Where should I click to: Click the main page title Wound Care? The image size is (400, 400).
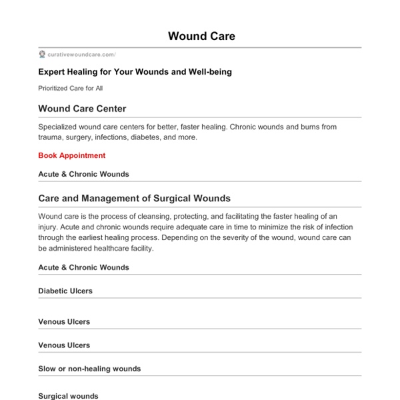(x=201, y=36)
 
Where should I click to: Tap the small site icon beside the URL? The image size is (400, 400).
(x=42, y=55)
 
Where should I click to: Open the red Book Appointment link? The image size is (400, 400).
(x=71, y=155)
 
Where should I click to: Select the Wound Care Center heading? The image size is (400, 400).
(x=82, y=108)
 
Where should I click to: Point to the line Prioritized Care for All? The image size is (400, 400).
(x=70, y=88)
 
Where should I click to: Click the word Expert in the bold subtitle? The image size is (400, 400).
(x=52, y=72)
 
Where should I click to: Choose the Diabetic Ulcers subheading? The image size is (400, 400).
(x=65, y=291)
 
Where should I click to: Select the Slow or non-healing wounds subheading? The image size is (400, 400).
(x=89, y=369)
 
